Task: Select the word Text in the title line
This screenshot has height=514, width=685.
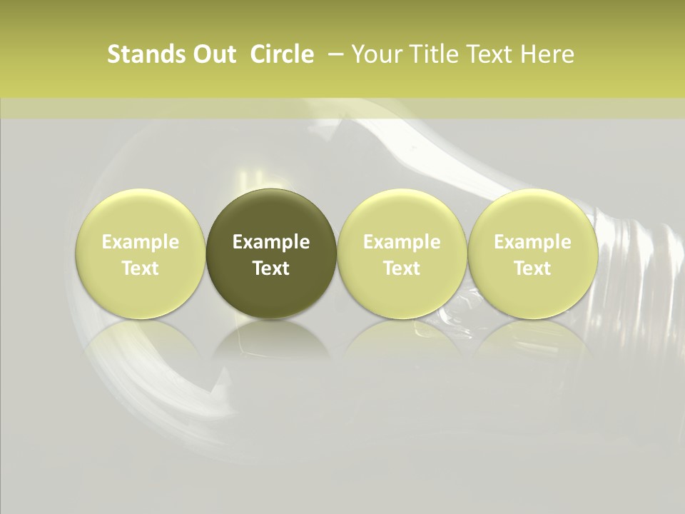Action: pos(487,54)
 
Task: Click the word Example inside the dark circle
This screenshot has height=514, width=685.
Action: pos(271,242)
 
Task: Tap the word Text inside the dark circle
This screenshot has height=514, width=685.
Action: pos(271,268)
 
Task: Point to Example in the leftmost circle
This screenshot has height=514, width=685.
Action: pos(141,242)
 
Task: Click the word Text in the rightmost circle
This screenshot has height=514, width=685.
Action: pos(532,268)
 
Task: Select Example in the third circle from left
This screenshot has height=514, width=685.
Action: pos(402,242)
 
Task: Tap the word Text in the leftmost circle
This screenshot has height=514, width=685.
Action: pos(141,268)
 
